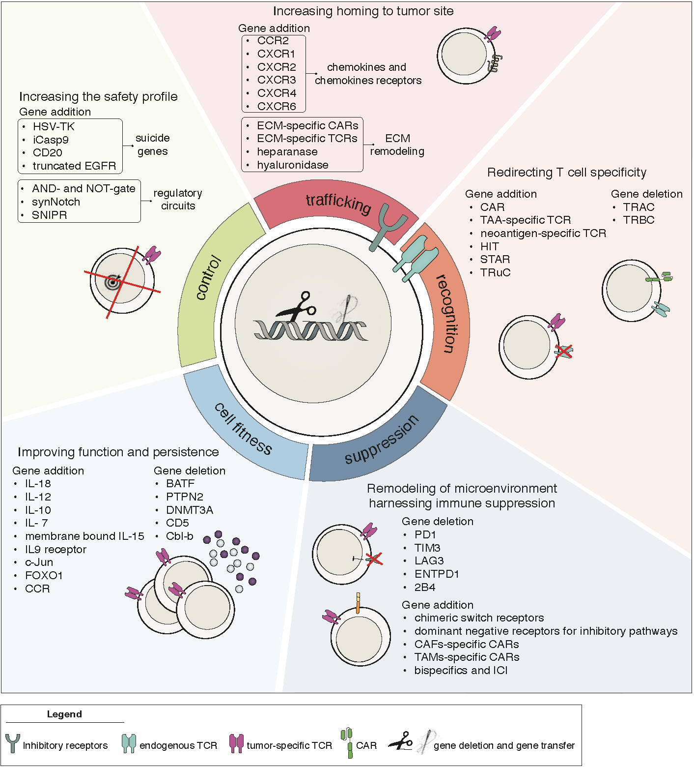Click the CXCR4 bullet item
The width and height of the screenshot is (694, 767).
coord(277,93)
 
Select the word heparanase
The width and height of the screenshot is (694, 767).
coord(287,152)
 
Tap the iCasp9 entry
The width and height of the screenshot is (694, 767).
coord(51,140)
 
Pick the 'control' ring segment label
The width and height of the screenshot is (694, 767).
coord(208,278)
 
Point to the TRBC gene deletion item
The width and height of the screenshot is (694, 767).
coord(638,220)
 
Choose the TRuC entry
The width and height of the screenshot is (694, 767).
coord(495,273)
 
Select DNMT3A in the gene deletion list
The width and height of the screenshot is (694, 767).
coord(190,510)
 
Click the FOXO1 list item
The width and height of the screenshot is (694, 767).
coord(44,576)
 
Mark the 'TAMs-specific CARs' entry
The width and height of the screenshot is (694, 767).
coord(467,657)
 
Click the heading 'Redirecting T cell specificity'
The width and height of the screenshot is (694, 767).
coord(566,173)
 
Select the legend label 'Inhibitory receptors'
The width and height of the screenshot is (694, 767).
coord(65,746)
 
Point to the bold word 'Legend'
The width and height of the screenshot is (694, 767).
coord(64,714)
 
